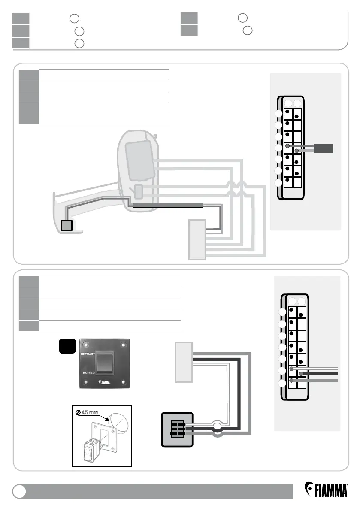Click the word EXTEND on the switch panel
click(88, 373)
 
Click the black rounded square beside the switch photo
click(68, 347)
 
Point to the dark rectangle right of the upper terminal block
click(324, 148)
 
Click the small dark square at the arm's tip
click(66, 225)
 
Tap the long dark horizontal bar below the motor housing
click(167, 205)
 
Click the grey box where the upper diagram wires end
click(197, 239)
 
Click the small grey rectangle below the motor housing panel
click(139, 191)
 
